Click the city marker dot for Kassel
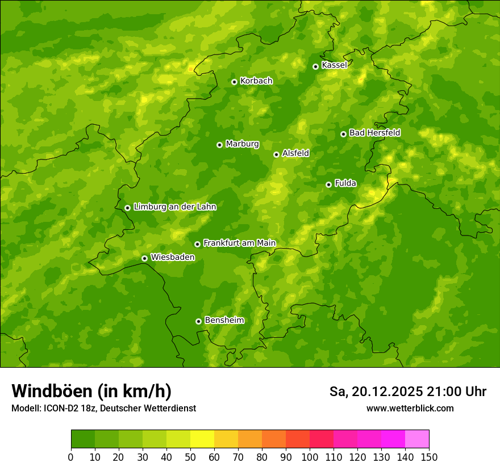(315, 66)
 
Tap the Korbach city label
(256, 81)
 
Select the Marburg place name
(242, 144)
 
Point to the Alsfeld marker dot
(276, 154)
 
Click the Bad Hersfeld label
(374, 133)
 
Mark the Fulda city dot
(328, 184)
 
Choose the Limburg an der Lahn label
(174, 207)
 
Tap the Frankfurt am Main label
(239, 243)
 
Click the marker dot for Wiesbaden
(144, 258)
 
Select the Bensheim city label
(224, 320)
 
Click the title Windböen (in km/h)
(91, 392)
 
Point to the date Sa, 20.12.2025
(376, 392)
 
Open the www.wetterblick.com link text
(410, 409)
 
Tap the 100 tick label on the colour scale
(310, 457)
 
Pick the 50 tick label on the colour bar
(190, 457)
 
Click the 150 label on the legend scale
(429, 457)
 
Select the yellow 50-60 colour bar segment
(202, 439)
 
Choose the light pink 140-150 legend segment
(417, 439)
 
